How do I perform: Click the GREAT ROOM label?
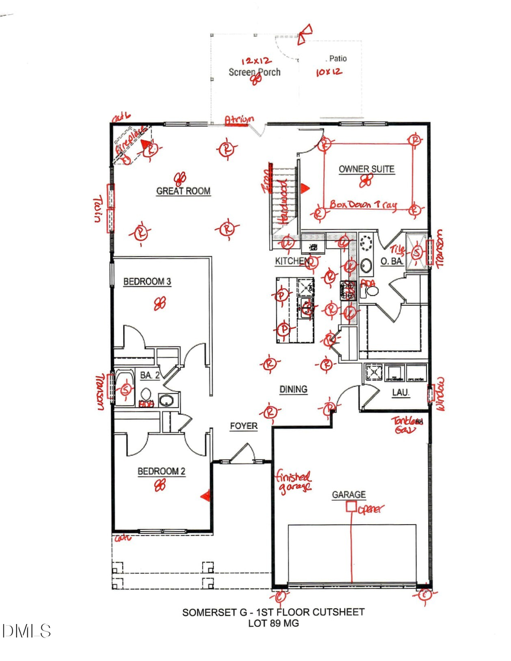[183, 191]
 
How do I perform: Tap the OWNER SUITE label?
[366, 169]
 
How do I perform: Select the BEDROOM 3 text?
[148, 281]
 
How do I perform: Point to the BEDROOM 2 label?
[161, 471]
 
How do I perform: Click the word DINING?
[293, 389]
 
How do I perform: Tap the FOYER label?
[244, 426]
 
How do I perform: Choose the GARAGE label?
[349, 495]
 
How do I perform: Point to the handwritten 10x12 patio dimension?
[329, 72]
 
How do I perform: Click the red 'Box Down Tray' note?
[363, 204]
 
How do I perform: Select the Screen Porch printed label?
[254, 72]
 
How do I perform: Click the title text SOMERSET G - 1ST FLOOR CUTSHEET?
[273, 612]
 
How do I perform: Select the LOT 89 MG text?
[273, 623]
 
